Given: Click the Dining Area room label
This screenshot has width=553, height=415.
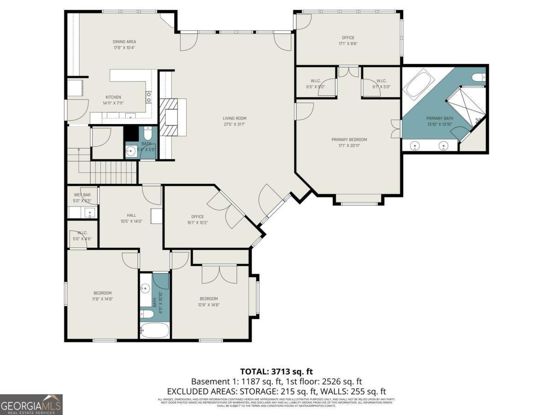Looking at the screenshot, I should pos(124,41).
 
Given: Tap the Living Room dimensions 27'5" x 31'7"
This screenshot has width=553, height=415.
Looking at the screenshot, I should pos(234,124).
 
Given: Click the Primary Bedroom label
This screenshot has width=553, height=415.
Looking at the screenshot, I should pos(349,140).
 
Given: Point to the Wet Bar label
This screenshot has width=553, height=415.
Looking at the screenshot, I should pos(82,195).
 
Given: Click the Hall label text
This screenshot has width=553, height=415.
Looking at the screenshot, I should pos(131,215).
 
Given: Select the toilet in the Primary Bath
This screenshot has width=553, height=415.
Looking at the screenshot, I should pos(479,77).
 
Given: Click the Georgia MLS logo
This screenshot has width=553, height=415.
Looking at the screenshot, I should pos(31,404).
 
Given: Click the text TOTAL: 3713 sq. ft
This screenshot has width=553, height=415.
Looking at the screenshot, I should pos(276,371).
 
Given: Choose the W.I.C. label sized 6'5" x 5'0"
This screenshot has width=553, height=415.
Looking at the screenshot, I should pos(316,81).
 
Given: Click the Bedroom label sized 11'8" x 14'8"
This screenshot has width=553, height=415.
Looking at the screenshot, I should pos(102,293).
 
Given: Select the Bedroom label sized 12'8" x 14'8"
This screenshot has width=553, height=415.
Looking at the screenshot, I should pos(208,298).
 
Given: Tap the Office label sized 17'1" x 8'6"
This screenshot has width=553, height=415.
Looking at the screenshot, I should pos(348,38).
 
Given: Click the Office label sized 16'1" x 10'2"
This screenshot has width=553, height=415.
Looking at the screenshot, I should pos(197,217).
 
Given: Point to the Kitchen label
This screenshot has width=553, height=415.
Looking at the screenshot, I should pos(113,97).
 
